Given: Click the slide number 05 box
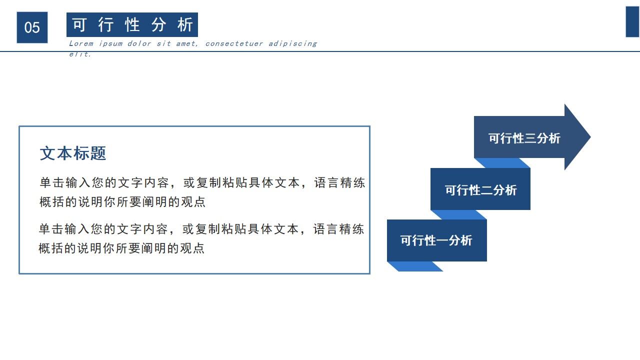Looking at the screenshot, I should pyautogui.click(x=32, y=27).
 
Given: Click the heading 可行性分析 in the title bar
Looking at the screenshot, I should pyautogui.click(x=132, y=24).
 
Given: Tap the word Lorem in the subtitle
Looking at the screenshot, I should pyautogui.click(x=81, y=43).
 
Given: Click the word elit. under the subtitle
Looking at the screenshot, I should pyautogui.click(x=80, y=54).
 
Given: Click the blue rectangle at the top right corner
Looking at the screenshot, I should pyautogui.click(x=632, y=22).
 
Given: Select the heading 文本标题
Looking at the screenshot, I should pyautogui.click(x=73, y=153).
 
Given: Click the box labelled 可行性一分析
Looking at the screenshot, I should pyautogui.click(x=436, y=240).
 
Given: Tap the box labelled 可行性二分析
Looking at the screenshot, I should pyautogui.click(x=480, y=190).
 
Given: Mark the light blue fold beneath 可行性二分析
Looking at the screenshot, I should pyautogui.click(x=459, y=214).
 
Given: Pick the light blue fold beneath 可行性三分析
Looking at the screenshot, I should pyautogui.click(x=502, y=163).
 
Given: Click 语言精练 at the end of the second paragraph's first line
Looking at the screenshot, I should pyautogui.click(x=338, y=229).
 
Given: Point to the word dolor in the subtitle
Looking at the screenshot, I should pyautogui.click(x=139, y=43).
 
